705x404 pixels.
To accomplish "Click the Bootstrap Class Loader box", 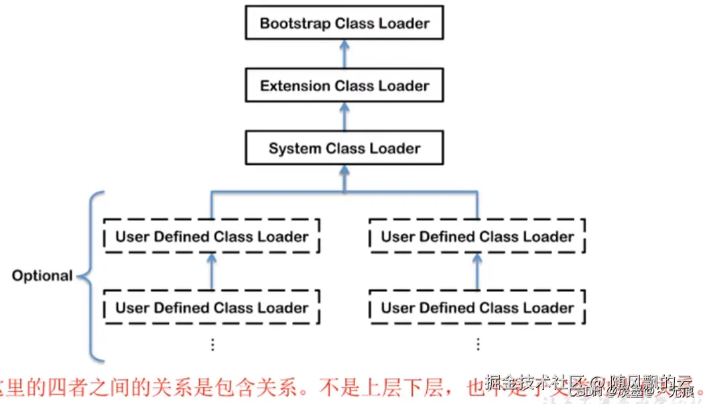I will pos(344,23).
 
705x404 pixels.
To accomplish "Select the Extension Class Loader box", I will pos(344,86).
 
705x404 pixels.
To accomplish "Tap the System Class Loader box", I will pos(344,148).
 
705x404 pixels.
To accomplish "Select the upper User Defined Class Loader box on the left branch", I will pos(212,237).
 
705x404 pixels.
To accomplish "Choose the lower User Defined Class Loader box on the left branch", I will pos(212,308).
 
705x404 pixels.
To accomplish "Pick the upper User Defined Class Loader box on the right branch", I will pos(477,237).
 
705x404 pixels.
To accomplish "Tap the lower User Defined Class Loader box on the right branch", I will pos(477,308).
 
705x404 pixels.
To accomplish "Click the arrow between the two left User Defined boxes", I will pos(212,271).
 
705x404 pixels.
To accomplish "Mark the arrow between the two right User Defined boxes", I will pos(477,271).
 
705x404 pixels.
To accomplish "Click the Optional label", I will pos(42,275).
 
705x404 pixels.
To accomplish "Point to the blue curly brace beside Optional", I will pos(90,275).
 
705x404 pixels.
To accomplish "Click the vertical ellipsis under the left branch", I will pos(212,344).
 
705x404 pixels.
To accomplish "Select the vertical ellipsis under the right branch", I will pos(478,344).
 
